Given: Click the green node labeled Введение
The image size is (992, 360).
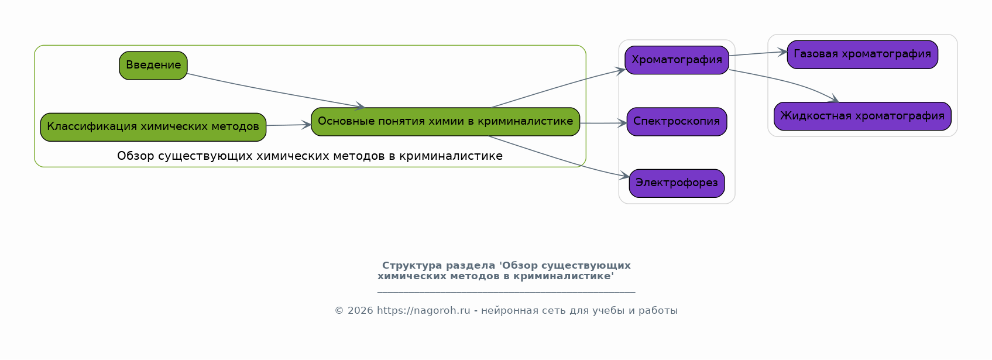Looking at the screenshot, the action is click(153, 66).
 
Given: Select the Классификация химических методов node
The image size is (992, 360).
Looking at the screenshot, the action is click(153, 127).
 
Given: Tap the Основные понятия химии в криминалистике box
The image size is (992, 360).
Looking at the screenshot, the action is click(445, 121).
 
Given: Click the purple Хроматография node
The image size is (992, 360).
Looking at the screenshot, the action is click(677, 60).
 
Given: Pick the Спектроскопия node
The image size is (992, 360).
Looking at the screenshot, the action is click(677, 121).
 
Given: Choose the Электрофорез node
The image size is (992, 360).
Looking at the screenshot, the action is click(677, 183).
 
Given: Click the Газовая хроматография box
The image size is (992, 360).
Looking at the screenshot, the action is click(862, 54).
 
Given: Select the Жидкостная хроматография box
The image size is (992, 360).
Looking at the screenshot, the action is click(862, 116).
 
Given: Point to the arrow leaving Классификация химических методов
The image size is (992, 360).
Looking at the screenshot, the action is click(289, 125).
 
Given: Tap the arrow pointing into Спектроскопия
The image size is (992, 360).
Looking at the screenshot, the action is click(603, 123).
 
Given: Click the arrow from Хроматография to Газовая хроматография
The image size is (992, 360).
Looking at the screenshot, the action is click(758, 54).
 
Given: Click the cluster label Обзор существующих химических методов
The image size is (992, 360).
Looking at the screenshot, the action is click(310, 156).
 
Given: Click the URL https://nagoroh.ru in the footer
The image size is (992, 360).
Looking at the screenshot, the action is click(423, 310).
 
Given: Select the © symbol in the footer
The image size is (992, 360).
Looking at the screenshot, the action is click(339, 310).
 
